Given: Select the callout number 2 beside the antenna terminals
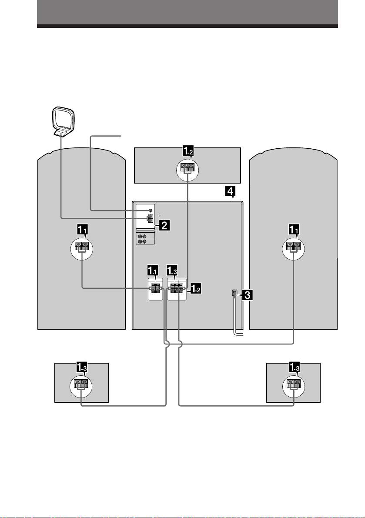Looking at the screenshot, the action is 164,226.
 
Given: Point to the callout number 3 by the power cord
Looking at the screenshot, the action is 248,294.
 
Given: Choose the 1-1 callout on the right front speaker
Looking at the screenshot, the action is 295,229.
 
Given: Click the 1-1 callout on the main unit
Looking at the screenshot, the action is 153,271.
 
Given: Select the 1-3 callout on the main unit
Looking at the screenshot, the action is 172,271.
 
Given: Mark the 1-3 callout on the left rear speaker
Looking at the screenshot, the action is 83,367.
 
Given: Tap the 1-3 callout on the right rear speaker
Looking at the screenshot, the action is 295,367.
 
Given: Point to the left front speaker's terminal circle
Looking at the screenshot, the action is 82,249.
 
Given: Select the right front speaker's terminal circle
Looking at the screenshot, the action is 293,249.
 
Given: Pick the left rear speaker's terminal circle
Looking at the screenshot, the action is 81,386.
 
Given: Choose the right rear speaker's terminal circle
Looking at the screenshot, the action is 294,386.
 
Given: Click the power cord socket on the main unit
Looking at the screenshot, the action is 234,293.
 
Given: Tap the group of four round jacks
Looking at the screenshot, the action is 142,239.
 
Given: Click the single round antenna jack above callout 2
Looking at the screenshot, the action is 150,211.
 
